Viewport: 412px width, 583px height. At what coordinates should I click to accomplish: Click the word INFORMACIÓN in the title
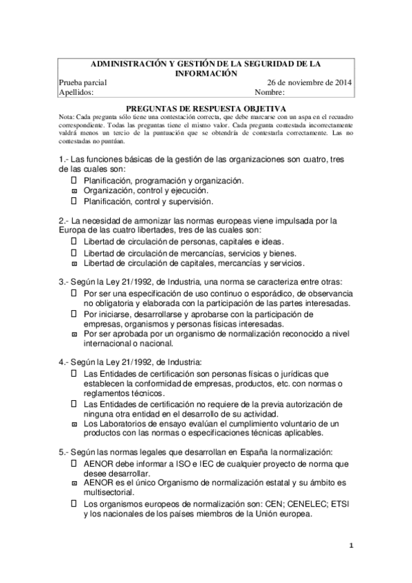pos(206,74)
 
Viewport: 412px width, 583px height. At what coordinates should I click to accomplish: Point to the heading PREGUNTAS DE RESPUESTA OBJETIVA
pos(206,109)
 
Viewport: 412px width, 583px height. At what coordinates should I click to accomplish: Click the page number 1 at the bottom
pos(351,547)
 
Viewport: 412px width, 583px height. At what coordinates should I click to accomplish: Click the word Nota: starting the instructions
pos(68,117)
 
